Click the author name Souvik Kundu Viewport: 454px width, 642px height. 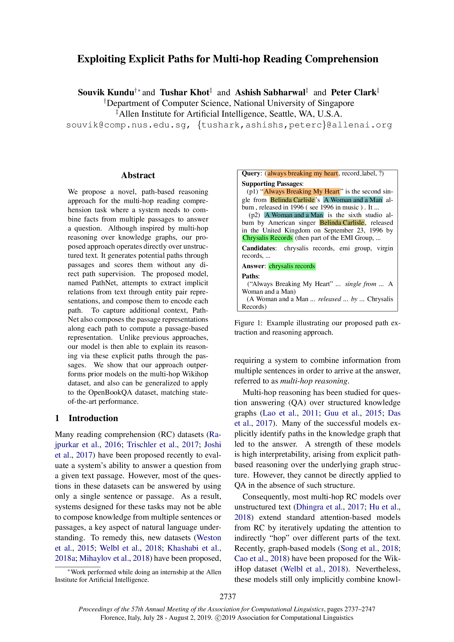coord(106,92)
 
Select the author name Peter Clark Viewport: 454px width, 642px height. coord(353,92)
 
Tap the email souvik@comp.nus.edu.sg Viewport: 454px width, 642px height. coord(126,125)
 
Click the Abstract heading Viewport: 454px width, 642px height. coord(138,175)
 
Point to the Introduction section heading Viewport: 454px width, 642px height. coord(93,418)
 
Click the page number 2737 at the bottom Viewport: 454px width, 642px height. coord(228,596)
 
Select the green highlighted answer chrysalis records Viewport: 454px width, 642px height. coord(292,266)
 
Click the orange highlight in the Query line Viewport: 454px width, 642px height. coord(302,173)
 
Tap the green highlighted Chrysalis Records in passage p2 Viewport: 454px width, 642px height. coord(267,238)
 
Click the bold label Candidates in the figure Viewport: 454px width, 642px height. coord(258,248)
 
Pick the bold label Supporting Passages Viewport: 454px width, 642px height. coord(272,184)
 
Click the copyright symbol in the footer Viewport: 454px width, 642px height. coord(217,618)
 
